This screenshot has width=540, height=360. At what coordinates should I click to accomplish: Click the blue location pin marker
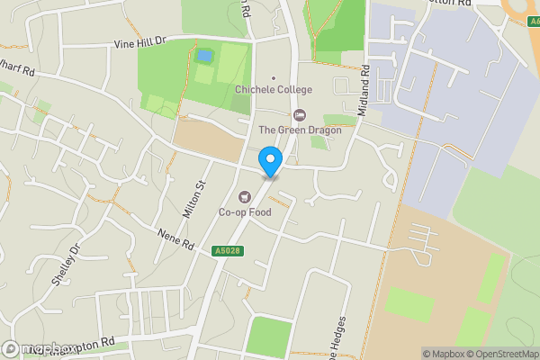[x=269, y=160]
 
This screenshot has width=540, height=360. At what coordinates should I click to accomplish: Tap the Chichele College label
[x=273, y=90]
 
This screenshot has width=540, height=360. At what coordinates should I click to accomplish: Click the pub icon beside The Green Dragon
[x=300, y=114]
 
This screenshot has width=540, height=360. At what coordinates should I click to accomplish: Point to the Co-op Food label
[x=245, y=212]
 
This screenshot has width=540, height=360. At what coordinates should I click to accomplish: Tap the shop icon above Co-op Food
[x=243, y=197]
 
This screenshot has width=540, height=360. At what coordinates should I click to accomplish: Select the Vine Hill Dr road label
[x=141, y=42]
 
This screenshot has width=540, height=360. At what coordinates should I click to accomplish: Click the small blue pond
[x=205, y=56]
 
